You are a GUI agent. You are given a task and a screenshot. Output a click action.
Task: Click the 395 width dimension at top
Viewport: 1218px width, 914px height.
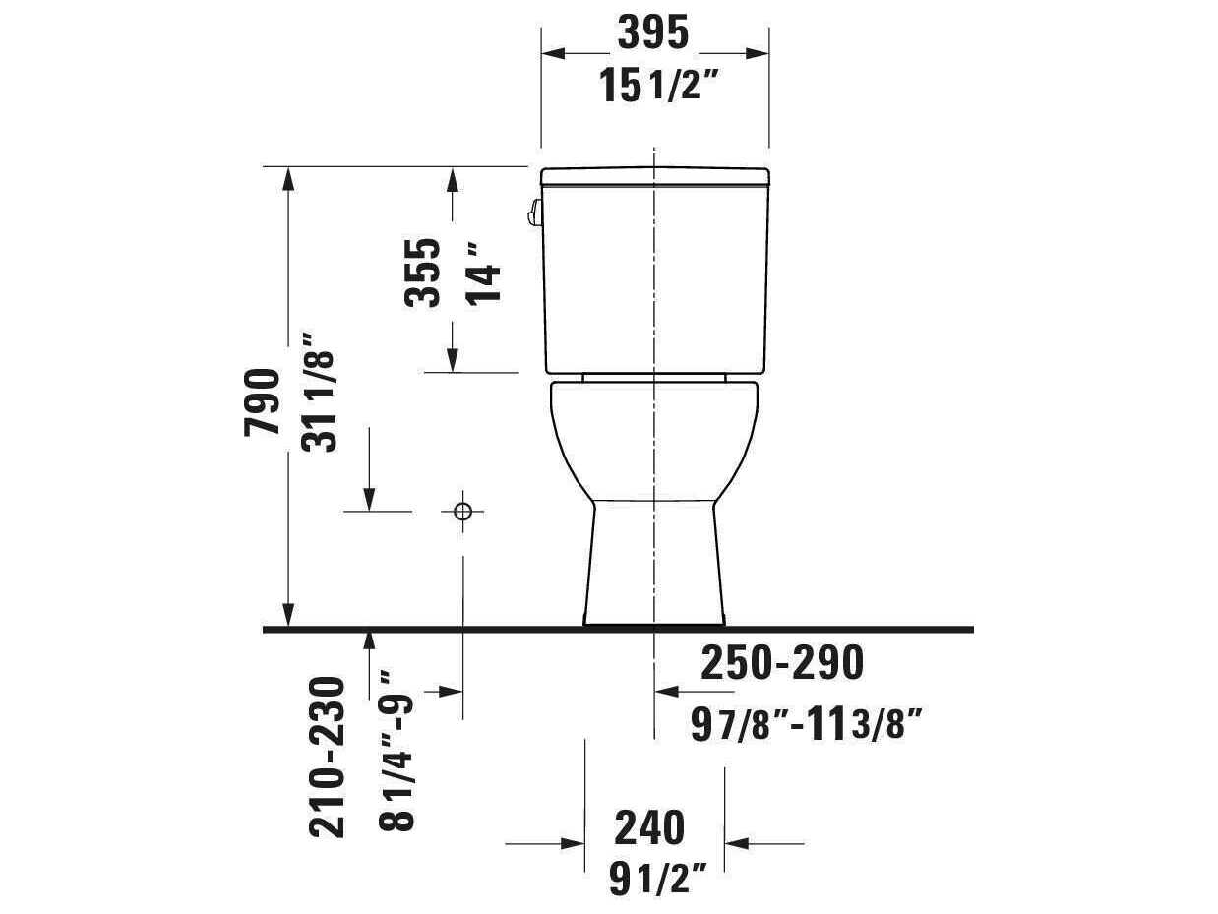[x=652, y=34]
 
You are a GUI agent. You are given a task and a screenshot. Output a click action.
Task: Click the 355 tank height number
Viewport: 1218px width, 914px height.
[x=424, y=273]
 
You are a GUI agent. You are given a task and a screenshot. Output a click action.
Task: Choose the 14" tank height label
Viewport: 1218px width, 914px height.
[x=484, y=273]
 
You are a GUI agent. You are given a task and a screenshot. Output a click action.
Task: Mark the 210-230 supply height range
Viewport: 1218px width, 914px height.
[x=328, y=756]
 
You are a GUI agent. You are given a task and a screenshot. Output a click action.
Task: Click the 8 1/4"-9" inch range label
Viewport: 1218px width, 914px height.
[x=399, y=750]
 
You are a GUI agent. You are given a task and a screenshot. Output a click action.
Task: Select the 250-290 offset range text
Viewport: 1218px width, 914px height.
[x=781, y=664]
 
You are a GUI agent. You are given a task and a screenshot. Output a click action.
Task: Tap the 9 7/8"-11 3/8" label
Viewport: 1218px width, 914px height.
[x=806, y=726]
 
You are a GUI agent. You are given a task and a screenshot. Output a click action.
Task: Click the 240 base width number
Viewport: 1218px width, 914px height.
[x=649, y=828]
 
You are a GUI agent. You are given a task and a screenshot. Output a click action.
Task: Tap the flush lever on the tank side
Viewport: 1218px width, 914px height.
[x=534, y=213]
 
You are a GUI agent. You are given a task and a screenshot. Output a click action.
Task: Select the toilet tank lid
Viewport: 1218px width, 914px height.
[x=655, y=176]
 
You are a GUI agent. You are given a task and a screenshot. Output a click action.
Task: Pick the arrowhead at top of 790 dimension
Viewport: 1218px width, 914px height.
[x=287, y=178]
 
